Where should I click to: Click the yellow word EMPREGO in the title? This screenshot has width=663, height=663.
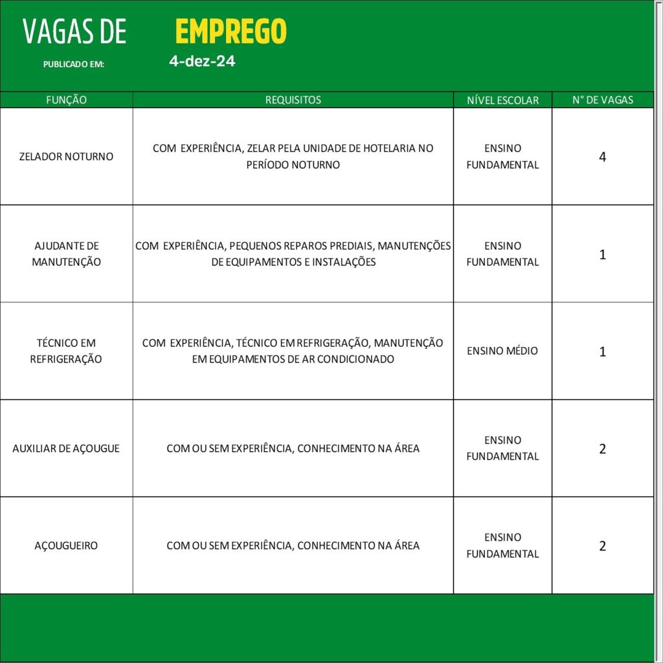pos(230,31)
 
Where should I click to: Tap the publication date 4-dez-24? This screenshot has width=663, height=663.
pos(202,62)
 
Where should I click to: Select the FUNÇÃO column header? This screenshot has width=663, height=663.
pos(66,100)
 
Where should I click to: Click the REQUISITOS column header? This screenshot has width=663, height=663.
pos(293,100)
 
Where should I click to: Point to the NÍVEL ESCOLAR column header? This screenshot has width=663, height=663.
pos(502,100)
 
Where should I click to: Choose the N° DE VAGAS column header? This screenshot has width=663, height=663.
pos(603,100)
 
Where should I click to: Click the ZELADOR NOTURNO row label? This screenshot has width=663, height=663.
pos(66,157)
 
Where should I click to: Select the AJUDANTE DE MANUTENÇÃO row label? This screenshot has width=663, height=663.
pos(66,254)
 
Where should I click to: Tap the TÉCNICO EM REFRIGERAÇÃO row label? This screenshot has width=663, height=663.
pos(66,351)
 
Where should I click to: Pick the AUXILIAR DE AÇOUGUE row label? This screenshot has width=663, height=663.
pos(66,448)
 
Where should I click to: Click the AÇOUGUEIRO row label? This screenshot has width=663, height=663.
pos(66,546)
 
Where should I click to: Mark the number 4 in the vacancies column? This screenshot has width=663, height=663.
pos(603,157)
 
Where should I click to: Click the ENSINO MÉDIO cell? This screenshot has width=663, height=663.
pos(502,351)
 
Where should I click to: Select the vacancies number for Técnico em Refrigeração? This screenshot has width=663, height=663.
pos(603,352)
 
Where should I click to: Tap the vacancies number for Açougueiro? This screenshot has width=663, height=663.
pos(603,546)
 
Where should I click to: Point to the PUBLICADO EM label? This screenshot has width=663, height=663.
pos(73,65)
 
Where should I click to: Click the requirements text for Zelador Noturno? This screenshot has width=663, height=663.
pos(293,157)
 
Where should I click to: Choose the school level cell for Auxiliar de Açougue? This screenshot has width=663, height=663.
pos(502,448)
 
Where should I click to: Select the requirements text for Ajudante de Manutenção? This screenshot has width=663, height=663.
pos(293,254)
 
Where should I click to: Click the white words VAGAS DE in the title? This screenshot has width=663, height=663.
pos(74,32)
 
